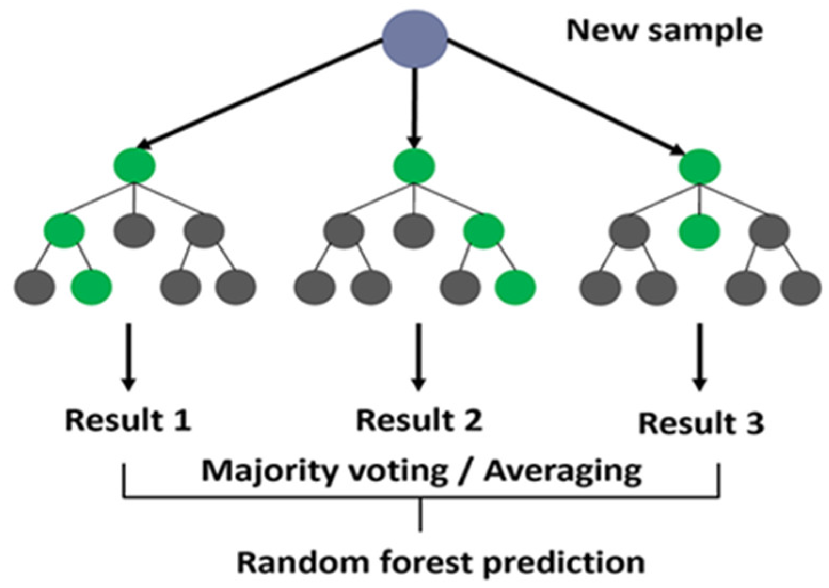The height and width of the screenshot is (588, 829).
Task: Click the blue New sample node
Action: click(x=415, y=39)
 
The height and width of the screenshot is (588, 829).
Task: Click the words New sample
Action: click(x=664, y=30)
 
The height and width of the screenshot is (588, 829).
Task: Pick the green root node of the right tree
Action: click(x=699, y=167)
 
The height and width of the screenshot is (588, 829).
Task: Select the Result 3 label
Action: click(x=701, y=423)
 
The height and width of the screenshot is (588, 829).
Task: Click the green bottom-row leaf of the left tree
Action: click(x=92, y=287)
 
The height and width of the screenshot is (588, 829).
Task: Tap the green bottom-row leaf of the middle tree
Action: click(x=515, y=287)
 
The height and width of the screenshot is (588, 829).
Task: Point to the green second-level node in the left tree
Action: click(x=64, y=230)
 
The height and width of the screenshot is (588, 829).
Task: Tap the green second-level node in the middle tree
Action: click(x=483, y=230)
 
